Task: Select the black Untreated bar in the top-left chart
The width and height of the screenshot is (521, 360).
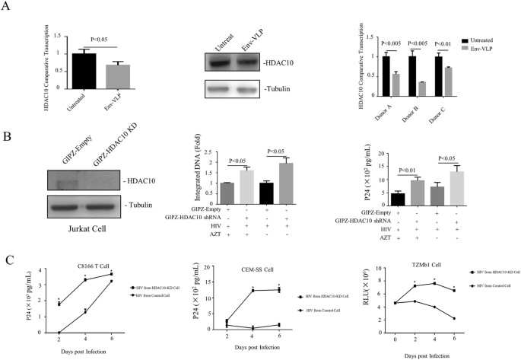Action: pyautogui.click(x=78, y=65)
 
